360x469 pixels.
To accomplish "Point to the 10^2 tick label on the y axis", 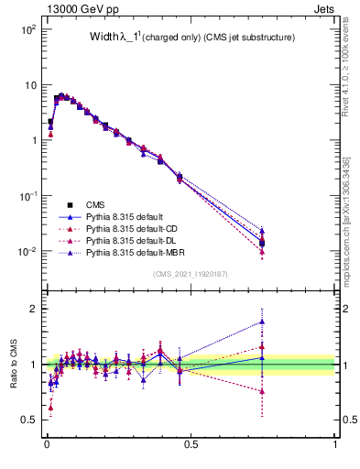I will (27, 29).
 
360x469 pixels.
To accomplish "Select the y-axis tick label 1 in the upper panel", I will (33, 140).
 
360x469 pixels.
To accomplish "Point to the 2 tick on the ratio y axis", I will (34, 309).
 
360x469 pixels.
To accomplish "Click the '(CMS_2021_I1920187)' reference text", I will (190, 274).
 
